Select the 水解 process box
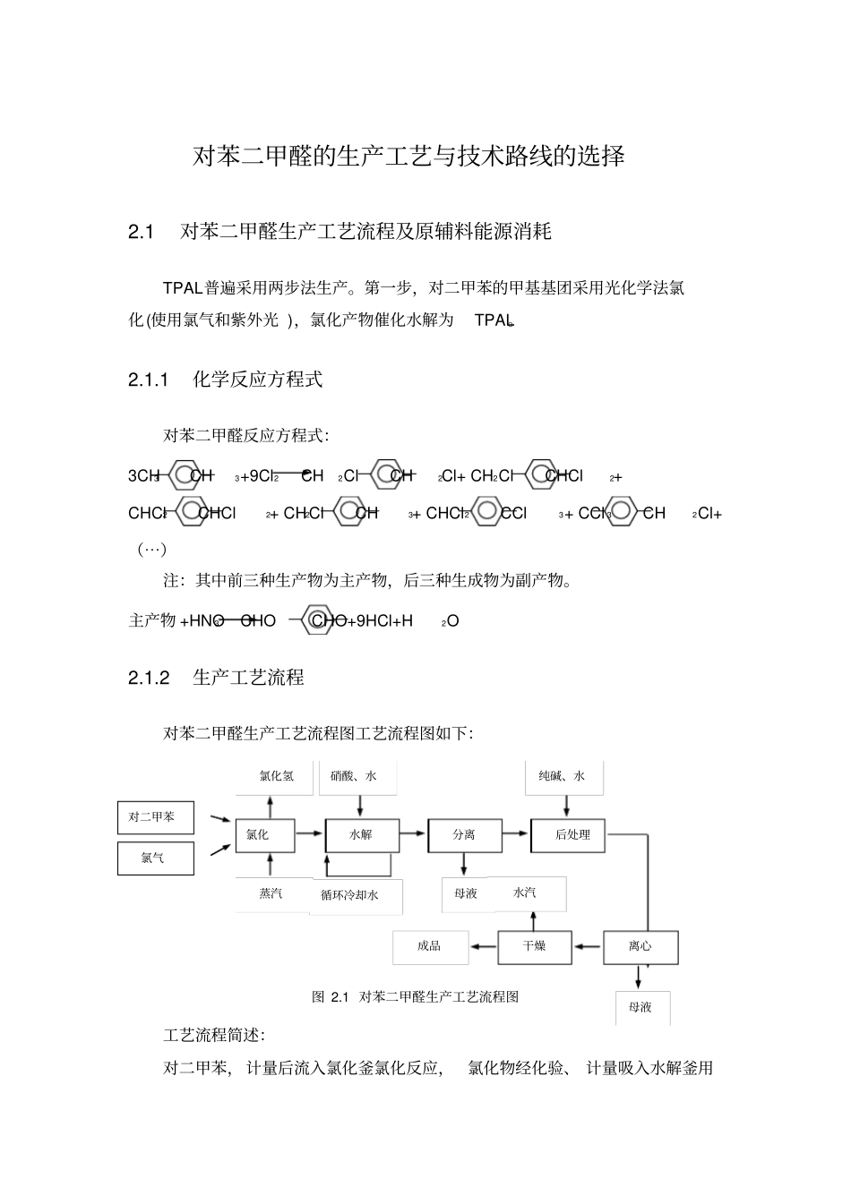(x=361, y=834)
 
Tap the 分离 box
(x=464, y=834)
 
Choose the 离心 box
(x=640, y=947)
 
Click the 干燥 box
(x=535, y=947)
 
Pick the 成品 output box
(x=430, y=947)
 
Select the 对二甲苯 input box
(x=156, y=817)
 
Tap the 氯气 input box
(x=156, y=858)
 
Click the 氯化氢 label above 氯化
(x=276, y=776)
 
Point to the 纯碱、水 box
(x=563, y=776)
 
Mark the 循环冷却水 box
(x=356, y=895)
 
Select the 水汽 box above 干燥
(x=527, y=892)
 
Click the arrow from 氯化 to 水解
(x=310, y=833)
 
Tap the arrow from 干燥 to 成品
(x=484, y=946)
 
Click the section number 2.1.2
(x=149, y=678)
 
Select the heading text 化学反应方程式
(x=257, y=380)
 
